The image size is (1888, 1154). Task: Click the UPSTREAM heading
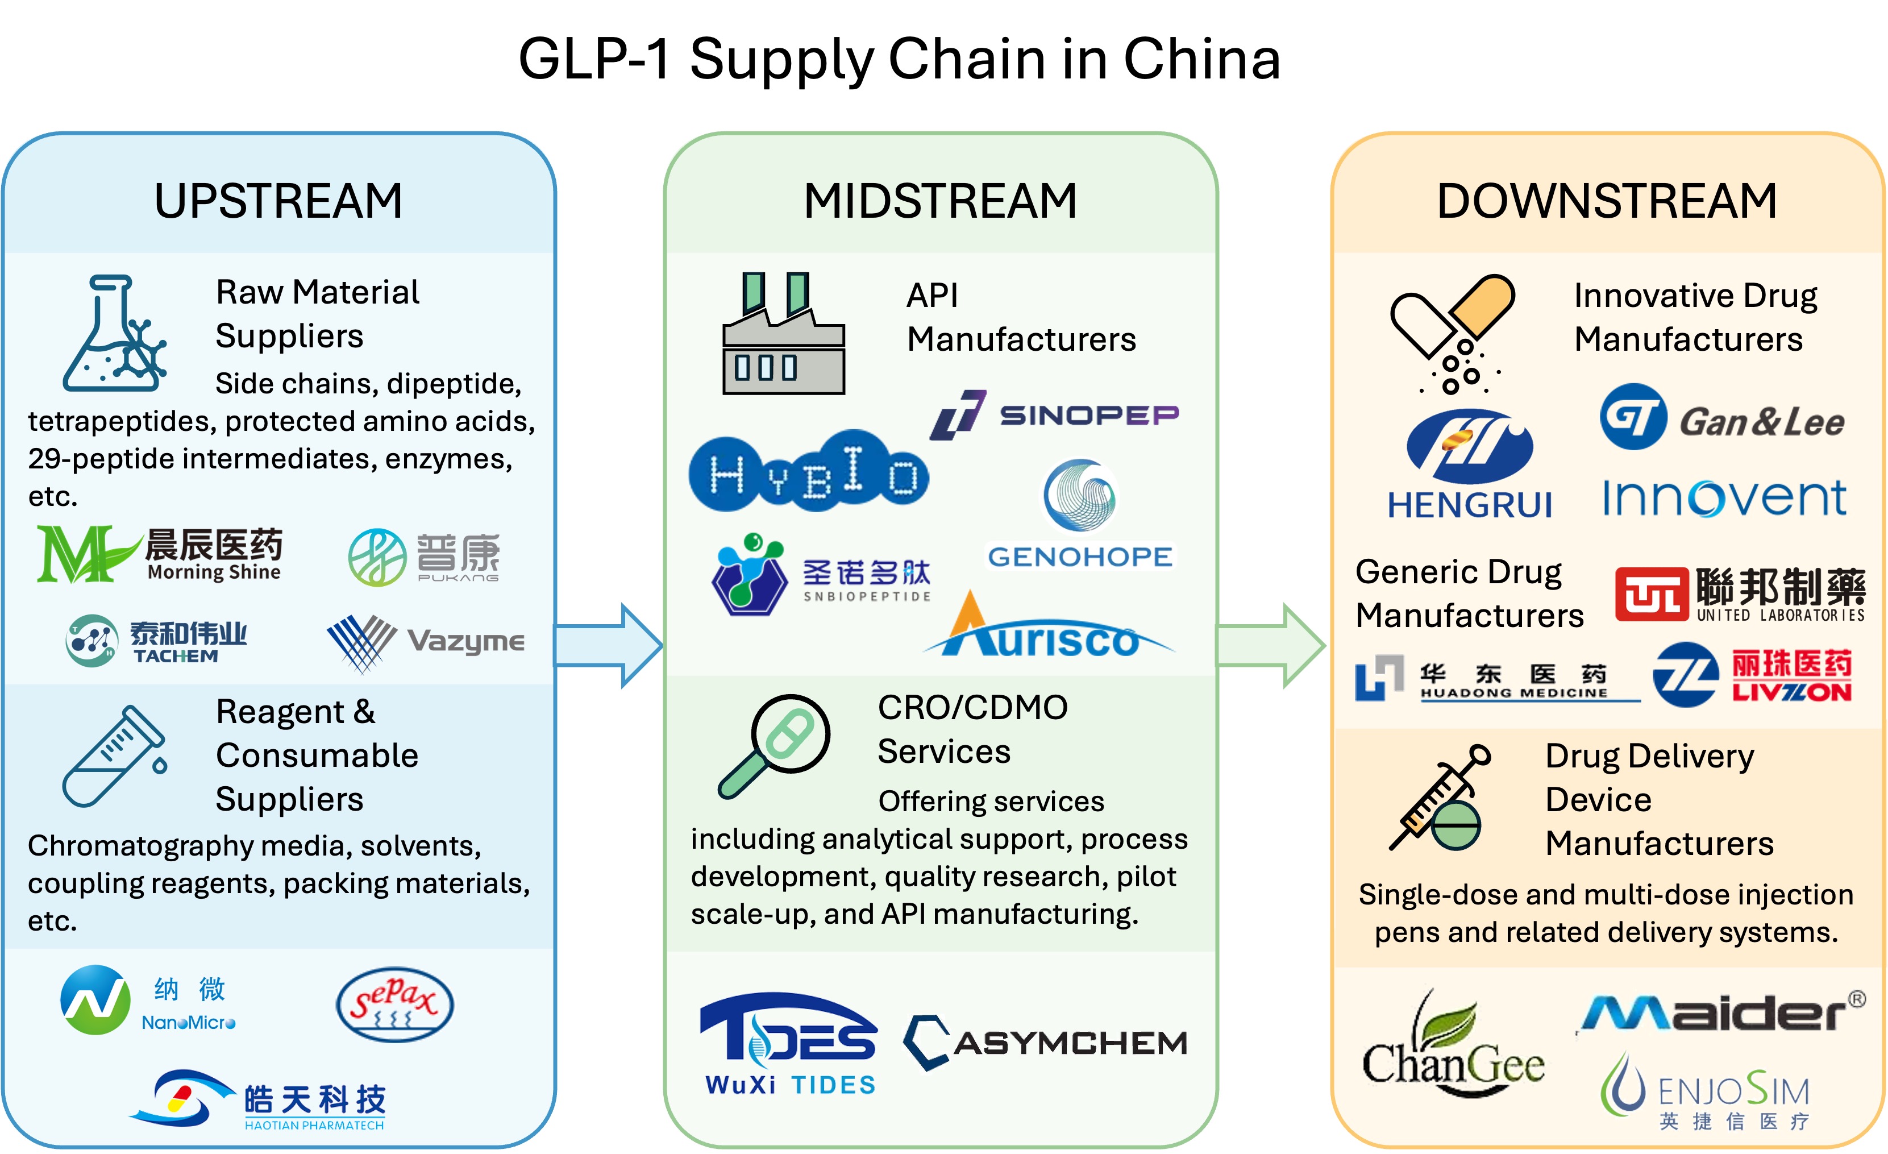(278, 201)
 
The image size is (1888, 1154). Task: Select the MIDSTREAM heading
(940, 201)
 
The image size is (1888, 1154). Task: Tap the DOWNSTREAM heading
(1607, 201)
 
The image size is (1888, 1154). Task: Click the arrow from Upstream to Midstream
(609, 645)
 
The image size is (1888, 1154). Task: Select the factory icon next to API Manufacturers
(783, 334)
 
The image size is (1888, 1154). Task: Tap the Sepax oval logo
(394, 1004)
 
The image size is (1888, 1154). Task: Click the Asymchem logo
(1045, 1042)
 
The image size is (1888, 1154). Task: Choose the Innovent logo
(1724, 498)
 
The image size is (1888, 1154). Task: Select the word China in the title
(1201, 59)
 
